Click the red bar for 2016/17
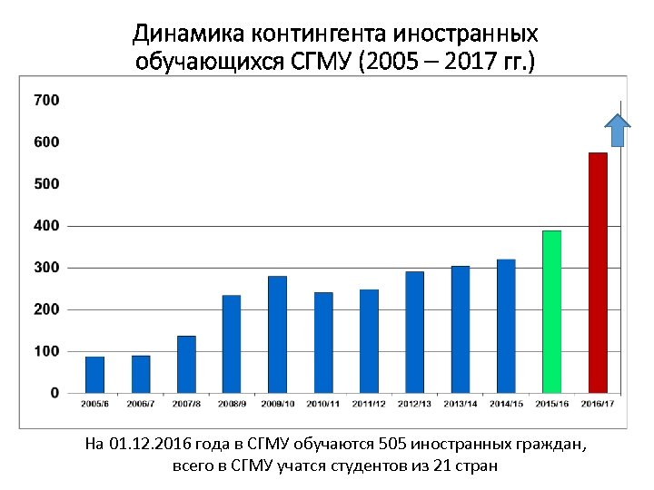pos(598,272)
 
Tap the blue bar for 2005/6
pos(94,374)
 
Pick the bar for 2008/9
pos(232,344)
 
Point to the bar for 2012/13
pos(414,331)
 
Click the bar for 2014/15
pos(506,326)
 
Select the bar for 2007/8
pos(186,364)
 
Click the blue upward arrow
pos(619,130)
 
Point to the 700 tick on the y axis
pos(46,100)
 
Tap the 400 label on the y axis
pos(46,225)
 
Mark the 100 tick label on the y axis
pos(46,351)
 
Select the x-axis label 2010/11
pos(322,403)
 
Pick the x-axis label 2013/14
pos(460,403)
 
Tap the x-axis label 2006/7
pos(140,403)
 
